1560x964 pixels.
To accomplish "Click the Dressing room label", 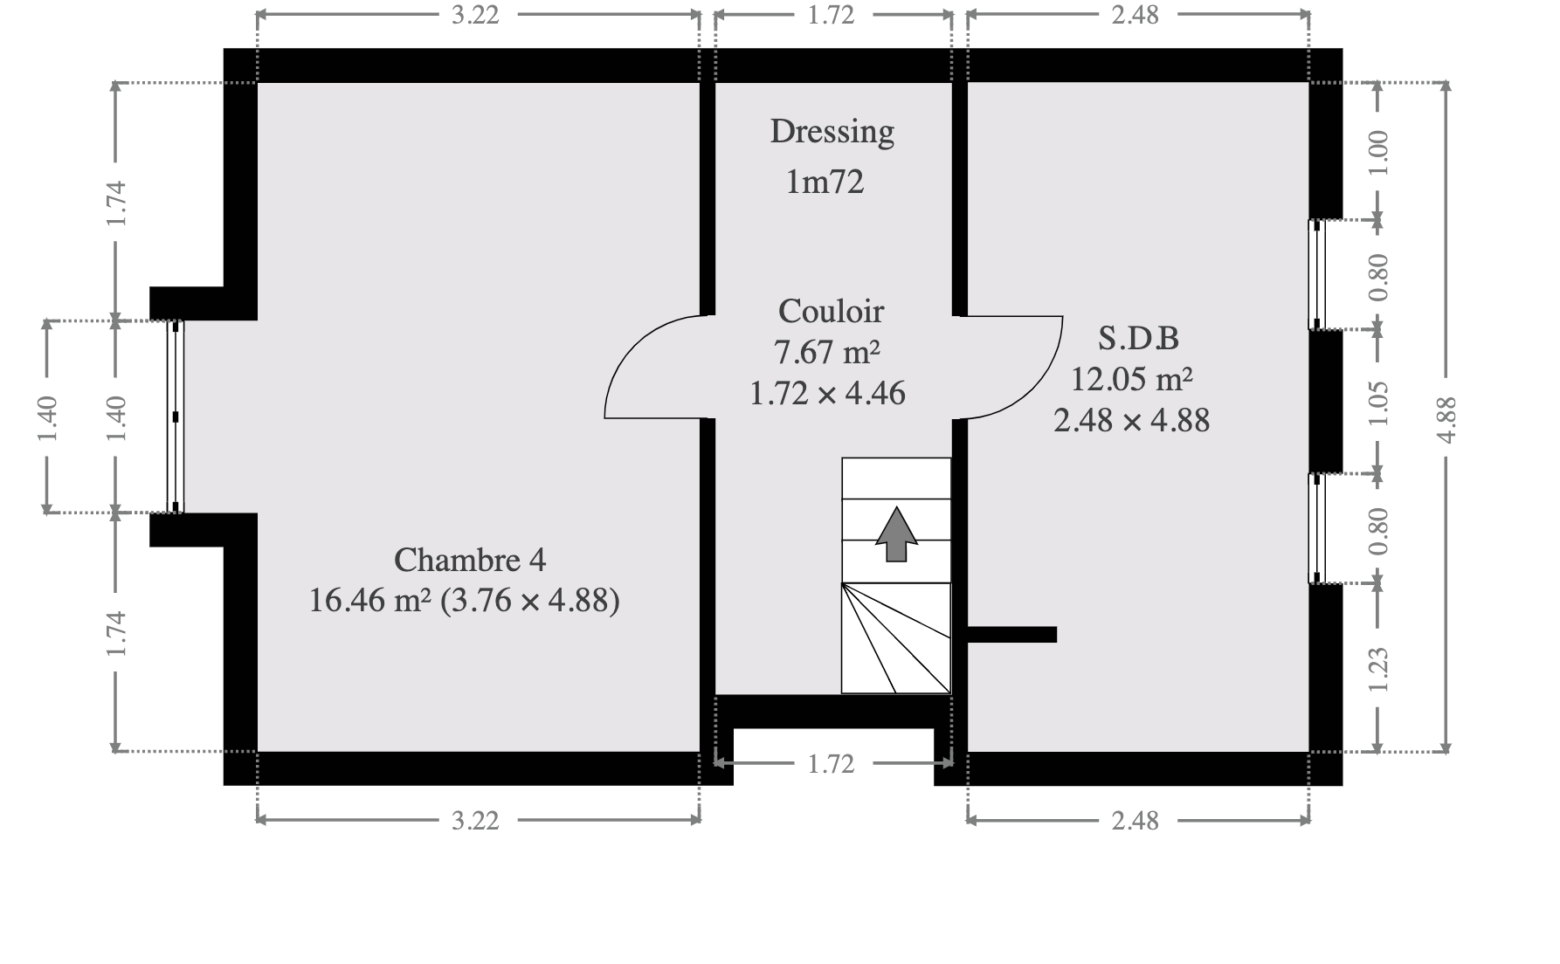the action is [832, 133].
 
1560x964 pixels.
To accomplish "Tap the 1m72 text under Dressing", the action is [825, 182].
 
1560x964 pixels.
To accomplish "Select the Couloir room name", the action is [831, 311].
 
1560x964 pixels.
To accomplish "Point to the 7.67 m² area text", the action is [826, 352].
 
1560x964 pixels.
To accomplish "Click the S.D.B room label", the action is [1138, 337].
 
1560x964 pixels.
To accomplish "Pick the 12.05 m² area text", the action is [1132, 379].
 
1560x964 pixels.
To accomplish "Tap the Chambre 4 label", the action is [470, 560].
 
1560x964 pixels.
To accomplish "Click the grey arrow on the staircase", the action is [896, 534].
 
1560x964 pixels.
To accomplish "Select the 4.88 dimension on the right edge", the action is [1446, 419].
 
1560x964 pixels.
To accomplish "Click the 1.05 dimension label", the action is [1378, 403].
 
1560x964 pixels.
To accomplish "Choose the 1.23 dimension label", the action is [1378, 670].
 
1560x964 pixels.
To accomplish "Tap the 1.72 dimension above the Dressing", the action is [831, 15].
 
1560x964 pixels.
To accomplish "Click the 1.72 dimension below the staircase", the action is [831, 764].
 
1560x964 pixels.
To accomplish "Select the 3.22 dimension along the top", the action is [475, 15].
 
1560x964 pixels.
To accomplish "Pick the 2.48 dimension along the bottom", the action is [1135, 821].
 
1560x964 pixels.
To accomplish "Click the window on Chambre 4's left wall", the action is [176, 417].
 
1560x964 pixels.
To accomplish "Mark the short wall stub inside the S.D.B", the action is [1012, 635].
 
